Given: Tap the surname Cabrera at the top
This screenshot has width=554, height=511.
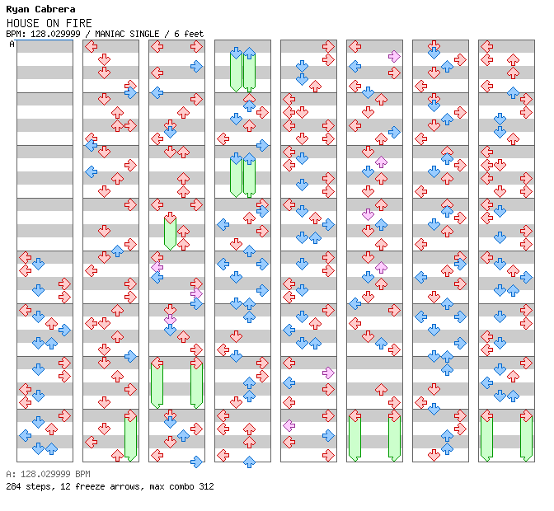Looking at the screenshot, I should coord(54,9).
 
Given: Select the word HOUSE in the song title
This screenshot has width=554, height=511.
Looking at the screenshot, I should coord(21,22).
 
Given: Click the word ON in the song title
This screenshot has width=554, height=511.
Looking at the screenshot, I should coord(52,22).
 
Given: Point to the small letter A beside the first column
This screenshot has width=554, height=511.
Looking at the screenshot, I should coord(12,45).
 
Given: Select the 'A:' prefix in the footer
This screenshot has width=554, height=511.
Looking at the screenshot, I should coord(10,475).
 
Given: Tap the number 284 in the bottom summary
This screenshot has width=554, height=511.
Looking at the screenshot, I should coord(13,486).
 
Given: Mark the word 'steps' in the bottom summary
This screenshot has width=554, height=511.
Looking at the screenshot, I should coord(38,486).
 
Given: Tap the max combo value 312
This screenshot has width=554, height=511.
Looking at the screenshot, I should coord(206,486).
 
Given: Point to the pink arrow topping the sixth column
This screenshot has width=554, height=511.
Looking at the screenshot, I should coord(394,56).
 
